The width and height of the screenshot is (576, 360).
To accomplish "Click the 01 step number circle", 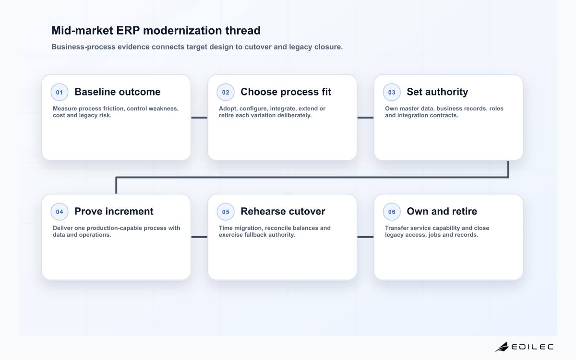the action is pyautogui.click(x=60, y=92).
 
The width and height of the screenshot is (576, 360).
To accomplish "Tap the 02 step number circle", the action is pyautogui.click(x=226, y=92).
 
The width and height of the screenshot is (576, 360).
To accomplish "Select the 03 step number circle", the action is pyautogui.click(x=392, y=92).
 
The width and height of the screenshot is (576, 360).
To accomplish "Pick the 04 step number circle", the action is pyautogui.click(x=60, y=212).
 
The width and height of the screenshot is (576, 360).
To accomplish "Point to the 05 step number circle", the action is pyautogui.click(x=226, y=212).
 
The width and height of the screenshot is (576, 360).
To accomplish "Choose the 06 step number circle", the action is pyautogui.click(x=392, y=212).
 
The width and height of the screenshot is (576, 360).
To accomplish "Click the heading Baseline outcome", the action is pyautogui.click(x=118, y=92).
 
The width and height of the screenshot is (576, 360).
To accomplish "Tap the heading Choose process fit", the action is pyautogui.click(x=286, y=92).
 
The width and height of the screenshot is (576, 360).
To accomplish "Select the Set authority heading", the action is pyautogui.click(x=437, y=92).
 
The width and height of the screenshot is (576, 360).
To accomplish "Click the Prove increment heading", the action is pyautogui.click(x=114, y=211).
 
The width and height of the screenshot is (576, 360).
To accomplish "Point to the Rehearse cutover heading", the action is pyautogui.click(x=283, y=211).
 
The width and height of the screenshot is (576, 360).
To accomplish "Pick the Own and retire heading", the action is pyautogui.click(x=442, y=211).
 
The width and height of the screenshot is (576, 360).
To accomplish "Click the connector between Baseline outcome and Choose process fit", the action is pyautogui.click(x=199, y=118).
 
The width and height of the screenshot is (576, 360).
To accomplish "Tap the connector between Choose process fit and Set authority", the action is pyautogui.click(x=365, y=118).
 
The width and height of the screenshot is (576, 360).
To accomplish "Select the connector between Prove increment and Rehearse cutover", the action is pyautogui.click(x=199, y=237).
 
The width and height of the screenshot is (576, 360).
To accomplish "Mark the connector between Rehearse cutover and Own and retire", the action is pyautogui.click(x=365, y=237).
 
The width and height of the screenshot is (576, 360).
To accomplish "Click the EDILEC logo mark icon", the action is pyautogui.click(x=502, y=347).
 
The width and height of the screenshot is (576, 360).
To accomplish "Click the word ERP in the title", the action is pyautogui.click(x=128, y=31).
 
